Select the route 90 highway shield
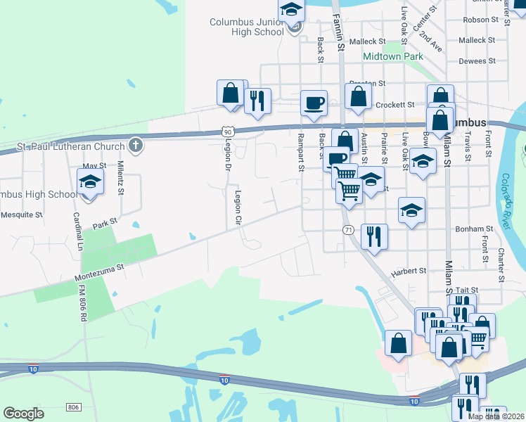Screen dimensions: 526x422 tap(226, 132)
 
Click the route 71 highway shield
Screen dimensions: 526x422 tap(347, 230)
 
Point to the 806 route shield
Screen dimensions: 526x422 tap(74, 407)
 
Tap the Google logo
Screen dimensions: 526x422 tap(23, 414)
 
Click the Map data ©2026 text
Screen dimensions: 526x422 tap(496, 416)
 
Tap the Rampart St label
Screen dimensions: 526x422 tap(300, 152)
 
